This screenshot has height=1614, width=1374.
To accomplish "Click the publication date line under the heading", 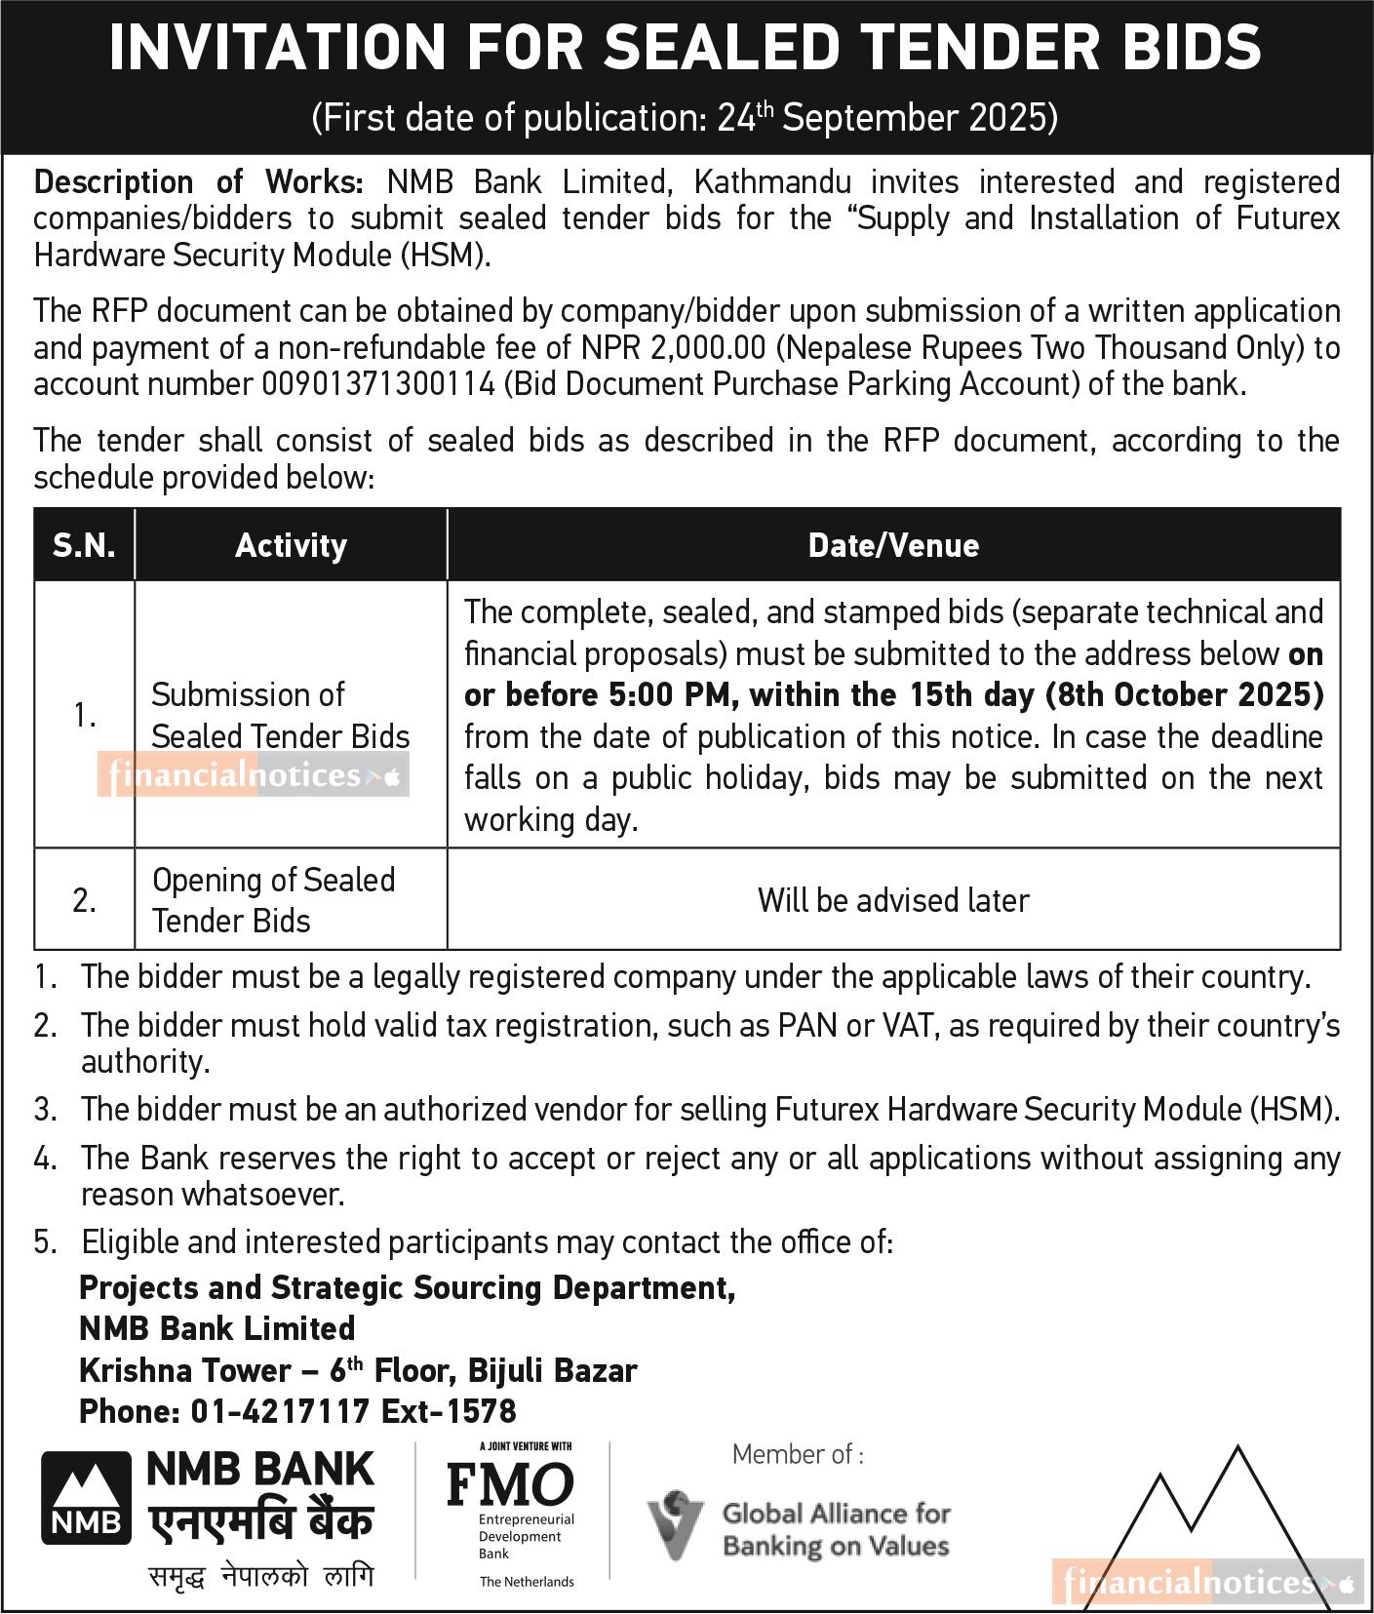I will [685, 118].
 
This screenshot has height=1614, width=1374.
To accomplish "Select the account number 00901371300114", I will [378, 384].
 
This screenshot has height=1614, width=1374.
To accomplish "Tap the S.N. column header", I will [84, 545].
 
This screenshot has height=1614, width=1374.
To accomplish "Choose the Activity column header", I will [291, 545].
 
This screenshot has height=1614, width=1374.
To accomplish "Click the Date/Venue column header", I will [893, 545].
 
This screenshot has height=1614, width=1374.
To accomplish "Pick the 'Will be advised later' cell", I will [893, 900].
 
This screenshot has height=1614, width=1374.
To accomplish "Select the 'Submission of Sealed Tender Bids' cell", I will [280, 716].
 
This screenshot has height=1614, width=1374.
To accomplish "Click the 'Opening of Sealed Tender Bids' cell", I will [273, 900].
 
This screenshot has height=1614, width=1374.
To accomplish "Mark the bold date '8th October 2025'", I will [1184, 695].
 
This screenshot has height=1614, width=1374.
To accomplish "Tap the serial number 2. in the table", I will [84, 900].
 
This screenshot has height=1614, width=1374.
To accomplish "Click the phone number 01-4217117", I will [280, 1411].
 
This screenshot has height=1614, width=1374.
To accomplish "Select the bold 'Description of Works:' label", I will [199, 182].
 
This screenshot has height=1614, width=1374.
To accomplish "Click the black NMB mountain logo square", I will [86, 1498].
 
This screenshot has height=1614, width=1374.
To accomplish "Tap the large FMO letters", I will [510, 1484].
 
